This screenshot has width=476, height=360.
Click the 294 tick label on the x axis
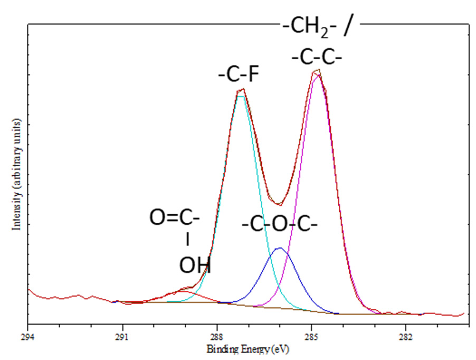[28, 336]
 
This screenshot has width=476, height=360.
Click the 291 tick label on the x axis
[122, 336]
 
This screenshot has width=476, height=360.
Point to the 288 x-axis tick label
[217, 336]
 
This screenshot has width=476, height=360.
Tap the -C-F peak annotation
[239, 75]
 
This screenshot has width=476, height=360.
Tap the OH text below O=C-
[195, 266]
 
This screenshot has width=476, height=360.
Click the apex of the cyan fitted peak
[241, 96]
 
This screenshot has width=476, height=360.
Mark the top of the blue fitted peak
[280, 248]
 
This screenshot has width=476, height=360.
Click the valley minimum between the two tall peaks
[281, 205]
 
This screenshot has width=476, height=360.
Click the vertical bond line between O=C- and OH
[187, 240]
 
